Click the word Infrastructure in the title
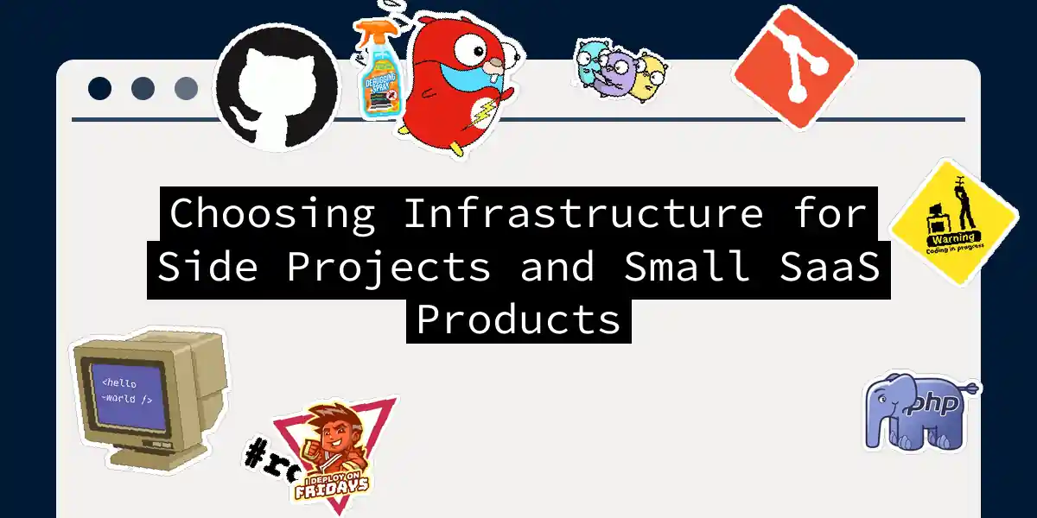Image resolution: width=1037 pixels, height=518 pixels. (x=583, y=214)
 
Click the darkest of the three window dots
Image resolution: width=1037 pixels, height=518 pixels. (x=99, y=88)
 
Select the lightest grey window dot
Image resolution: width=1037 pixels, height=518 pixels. (x=186, y=88)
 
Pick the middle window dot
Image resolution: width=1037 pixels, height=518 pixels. (x=143, y=88)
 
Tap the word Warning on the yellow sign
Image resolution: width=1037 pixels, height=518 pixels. (x=952, y=237)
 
